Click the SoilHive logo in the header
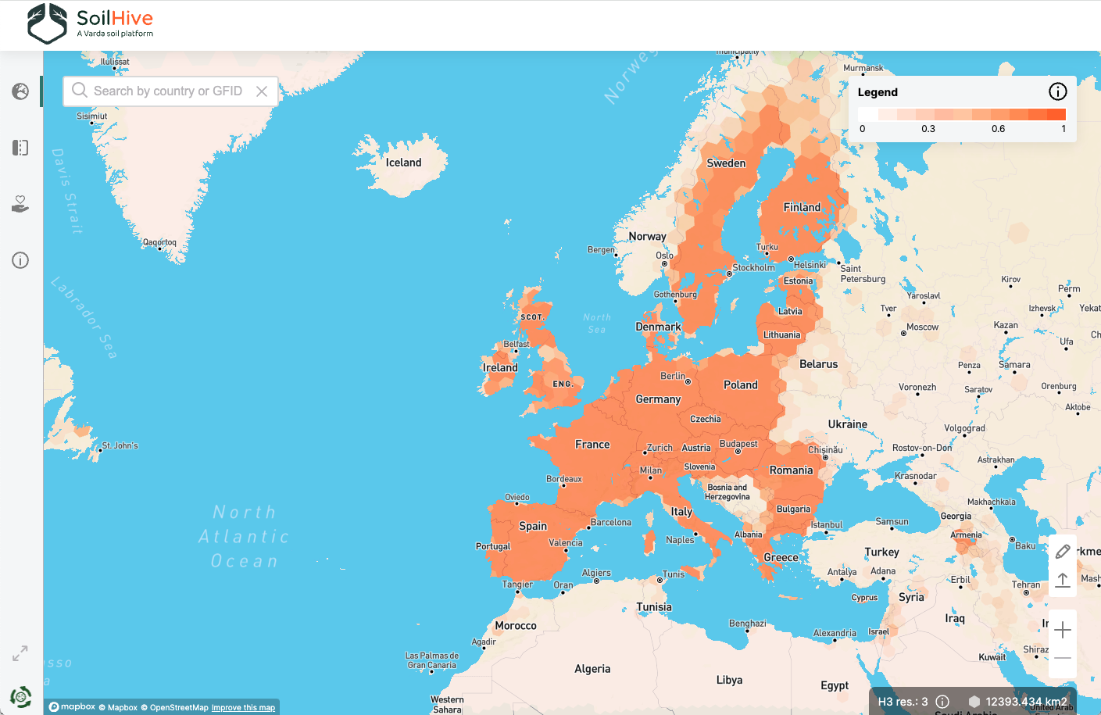pos(90,23)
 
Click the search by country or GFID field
pos(167,91)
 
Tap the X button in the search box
pos(262,91)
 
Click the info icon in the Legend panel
pos(1057,91)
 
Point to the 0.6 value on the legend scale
pos(998,129)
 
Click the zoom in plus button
pos(1063,630)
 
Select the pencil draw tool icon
pos(1063,552)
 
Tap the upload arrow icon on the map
pos(1063,580)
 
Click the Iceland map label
pos(403,163)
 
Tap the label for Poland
pos(740,384)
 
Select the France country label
pos(592,445)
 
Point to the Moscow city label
pos(922,327)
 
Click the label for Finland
pos(802,207)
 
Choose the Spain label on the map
pos(533,526)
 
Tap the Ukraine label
pos(848,424)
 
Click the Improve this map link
pos(243,708)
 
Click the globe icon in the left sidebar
pos(20,91)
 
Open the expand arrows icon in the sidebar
pos(20,653)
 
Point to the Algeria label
pos(592,669)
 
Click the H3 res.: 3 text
pos(903,702)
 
